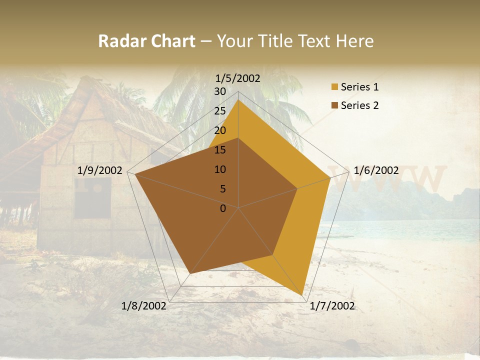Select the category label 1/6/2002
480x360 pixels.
376,170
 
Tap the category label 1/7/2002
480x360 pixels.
332,306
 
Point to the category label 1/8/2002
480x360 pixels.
144,306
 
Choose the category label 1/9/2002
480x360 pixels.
100,170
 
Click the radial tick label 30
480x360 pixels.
220,91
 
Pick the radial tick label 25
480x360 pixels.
220,111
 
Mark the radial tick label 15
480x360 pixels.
220,150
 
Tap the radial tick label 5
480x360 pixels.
223,189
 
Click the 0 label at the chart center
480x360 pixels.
223,208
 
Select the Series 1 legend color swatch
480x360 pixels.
333,87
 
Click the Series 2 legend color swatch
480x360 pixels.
333,105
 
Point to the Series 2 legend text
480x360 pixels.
359,105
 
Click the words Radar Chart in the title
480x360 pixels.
146,41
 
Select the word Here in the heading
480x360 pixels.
355,41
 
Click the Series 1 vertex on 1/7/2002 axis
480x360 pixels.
303,295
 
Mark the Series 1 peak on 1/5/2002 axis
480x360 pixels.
238,100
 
